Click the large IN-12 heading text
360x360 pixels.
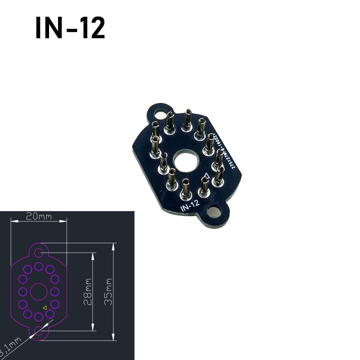pos(70,28)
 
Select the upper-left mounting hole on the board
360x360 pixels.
pos(158,113)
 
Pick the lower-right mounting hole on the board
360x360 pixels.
pos(214,211)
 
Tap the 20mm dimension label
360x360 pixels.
pos(38,216)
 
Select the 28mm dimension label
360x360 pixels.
pos(88,291)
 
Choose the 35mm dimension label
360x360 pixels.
pos(108,291)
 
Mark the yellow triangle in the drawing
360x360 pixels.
pos(45,307)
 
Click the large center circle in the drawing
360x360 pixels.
pos(39,291)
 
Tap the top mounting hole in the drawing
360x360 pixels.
pos(39,251)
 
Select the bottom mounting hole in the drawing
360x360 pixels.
pos(39,333)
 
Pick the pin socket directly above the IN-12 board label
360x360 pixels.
pos(185,191)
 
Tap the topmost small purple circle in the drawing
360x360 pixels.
pos(39,266)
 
